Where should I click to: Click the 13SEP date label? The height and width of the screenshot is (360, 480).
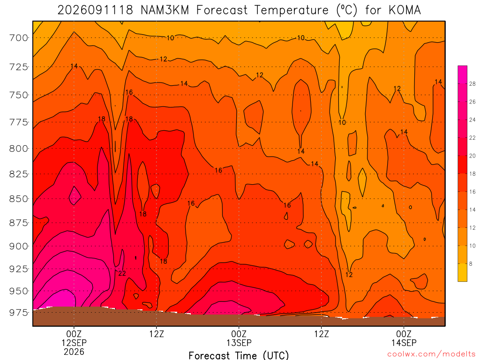click(x=239, y=343)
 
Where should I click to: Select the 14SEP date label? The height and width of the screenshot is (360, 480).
click(x=404, y=343)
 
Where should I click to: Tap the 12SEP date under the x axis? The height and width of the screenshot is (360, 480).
click(x=74, y=343)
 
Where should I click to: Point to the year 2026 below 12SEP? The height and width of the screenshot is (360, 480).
click(x=74, y=352)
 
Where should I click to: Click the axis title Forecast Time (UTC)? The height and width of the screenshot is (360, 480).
click(x=239, y=355)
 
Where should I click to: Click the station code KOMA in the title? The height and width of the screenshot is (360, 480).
click(x=405, y=10)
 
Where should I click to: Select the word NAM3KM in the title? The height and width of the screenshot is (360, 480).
click(x=165, y=10)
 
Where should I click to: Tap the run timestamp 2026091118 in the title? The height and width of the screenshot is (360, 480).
click(x=95, y=10)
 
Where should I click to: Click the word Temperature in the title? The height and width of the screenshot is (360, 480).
click(x=291, y=10)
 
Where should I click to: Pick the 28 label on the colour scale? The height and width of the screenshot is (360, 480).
click(x=472, y=84)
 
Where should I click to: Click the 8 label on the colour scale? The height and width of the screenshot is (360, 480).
click(x=471, y=263)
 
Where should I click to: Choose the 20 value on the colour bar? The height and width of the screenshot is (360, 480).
click(x=472, y=156)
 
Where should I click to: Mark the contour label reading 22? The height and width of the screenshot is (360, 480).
click(x=122, y=273)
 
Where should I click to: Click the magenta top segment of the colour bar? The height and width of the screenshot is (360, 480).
click(x=463, y=75)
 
